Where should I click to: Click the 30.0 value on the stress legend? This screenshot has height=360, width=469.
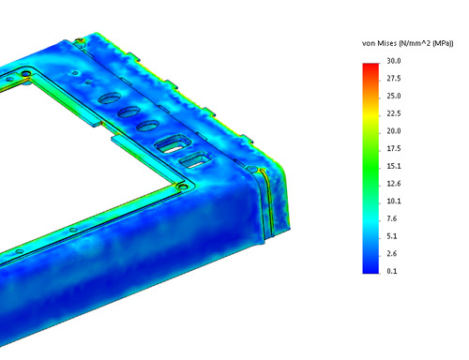393,61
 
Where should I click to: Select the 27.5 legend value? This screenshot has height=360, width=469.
393,79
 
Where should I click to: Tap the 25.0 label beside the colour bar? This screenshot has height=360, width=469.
393,96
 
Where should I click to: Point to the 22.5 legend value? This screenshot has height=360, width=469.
393,113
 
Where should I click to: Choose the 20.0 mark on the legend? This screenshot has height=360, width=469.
393,131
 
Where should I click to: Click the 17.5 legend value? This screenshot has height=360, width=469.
393,148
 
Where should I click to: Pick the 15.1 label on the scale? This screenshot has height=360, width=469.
393,166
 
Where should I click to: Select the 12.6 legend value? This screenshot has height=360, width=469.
393,184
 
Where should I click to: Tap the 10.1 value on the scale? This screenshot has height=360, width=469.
393,201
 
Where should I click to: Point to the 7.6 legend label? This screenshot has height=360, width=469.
391,218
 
